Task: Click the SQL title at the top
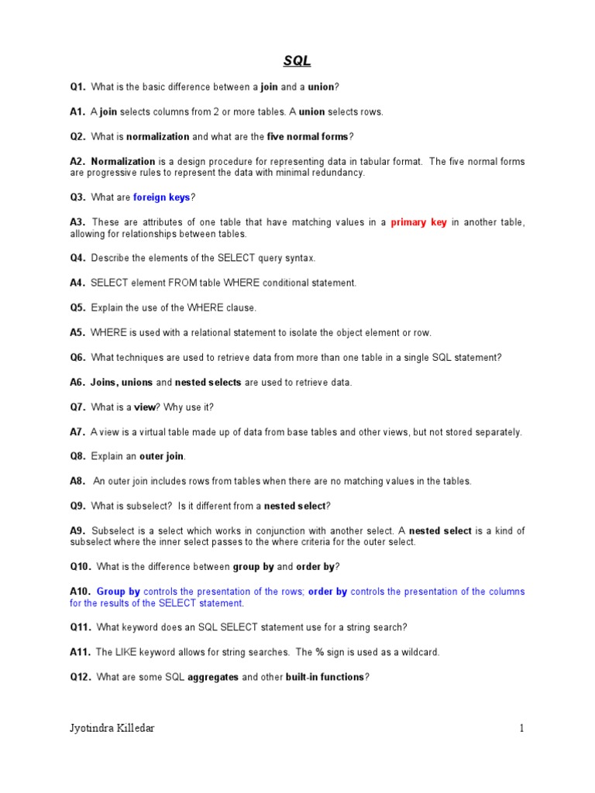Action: (297, 61)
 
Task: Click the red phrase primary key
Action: (418, 222)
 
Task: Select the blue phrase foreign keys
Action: (161, 197)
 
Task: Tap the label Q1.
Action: (77, 87)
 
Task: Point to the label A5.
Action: (77, 333)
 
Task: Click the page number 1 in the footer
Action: (522, 728)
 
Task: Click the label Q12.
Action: (81, 677)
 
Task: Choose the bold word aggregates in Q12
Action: (213, 677)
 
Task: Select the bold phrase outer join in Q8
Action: (162, 456)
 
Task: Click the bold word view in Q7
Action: (146, 407)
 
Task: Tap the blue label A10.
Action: (81, 592)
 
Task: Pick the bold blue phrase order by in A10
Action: (328, 592)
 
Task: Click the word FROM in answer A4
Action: (177, 283)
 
